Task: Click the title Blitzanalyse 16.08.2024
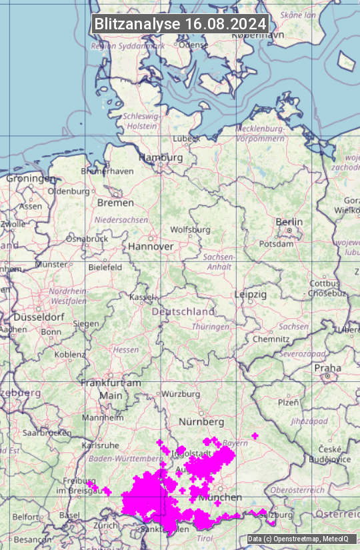(x=180, y=24)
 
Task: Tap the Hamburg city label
(x=161, y=158)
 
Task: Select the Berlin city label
(x=289, y=222)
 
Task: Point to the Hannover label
(x=151, y=247)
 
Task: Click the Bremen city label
(x=115, y=203)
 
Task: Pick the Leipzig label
(x=251, y=294)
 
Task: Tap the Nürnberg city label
(x=201, y=423)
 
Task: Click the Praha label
(x=327, y=368)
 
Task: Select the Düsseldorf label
(x=37, y=317)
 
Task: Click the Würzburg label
(x=181, y=394)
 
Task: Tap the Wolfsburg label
(x=190, y=230)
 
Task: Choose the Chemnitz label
(x=271, y=339)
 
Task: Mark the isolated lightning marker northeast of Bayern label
(x=255, y=436)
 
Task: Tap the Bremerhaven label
(x=107, y=171)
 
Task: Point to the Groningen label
(x=31, y=179)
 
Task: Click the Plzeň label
(x=288, y=402)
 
